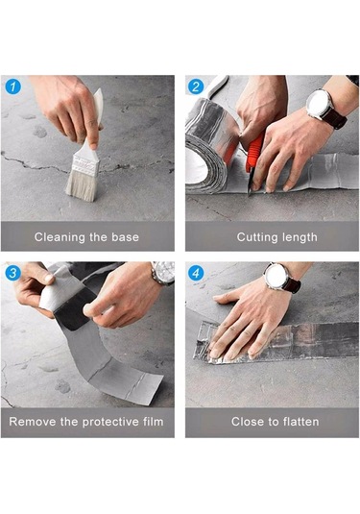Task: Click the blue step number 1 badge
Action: [x=13, y=87]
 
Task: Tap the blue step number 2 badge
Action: [x=196, y=86]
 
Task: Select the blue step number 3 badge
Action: [x=13, y=273]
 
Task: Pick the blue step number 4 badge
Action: [x=196, y=273]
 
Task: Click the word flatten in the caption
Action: [x=300, y=421]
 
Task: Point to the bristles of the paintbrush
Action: [x=82, y=187]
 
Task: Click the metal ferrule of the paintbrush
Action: [x=85, y=165]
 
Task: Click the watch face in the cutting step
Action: [x=319, y=105]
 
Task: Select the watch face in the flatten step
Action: [x=276, y=276]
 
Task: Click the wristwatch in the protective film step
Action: [x=163, y=272]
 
